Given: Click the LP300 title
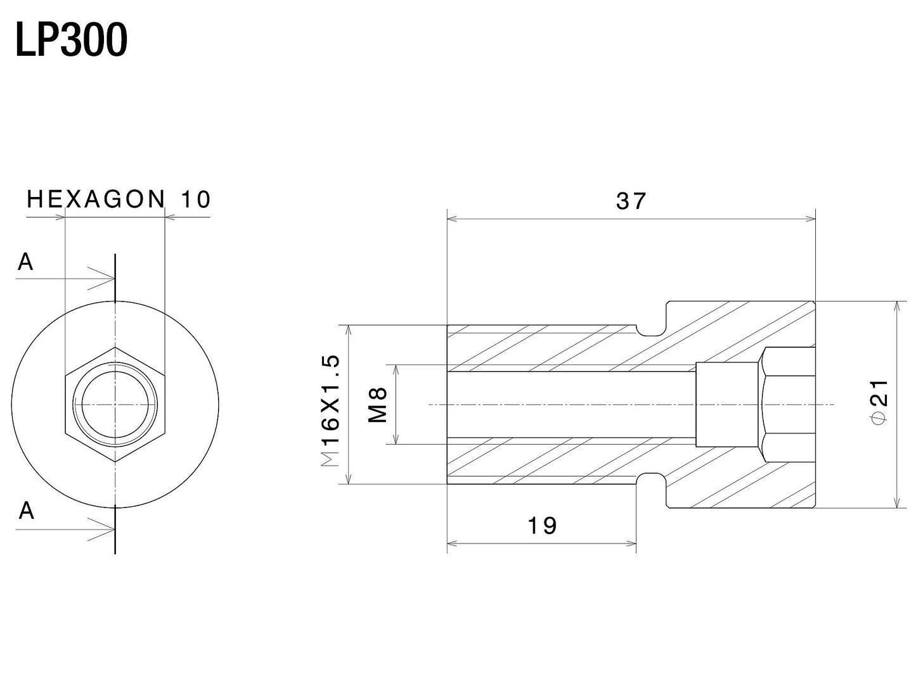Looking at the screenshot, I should click(x=71, y=41).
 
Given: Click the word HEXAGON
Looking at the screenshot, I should click(x=96, y=200).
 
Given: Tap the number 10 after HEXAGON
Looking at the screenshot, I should click(x=195, y=200).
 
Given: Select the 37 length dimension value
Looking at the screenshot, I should click(x=631, y=201).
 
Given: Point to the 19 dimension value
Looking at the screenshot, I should click(x=542, y=525).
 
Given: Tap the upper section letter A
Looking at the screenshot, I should click(x=25, y=262).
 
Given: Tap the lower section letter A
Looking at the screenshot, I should click(x=26, y=511).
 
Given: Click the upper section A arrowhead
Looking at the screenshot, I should click(x=108, y=277).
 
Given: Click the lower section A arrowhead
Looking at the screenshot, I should click(x=108, y=528).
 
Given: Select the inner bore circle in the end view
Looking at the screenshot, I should click(x=115, y=404).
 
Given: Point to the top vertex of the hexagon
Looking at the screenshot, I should click(x=115, y=347).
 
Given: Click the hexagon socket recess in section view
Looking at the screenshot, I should click(x=788, y=404).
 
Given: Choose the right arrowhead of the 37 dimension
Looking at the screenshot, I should click(x=811, y=219).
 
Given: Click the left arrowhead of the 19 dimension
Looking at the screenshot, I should click(x=452, y=543).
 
